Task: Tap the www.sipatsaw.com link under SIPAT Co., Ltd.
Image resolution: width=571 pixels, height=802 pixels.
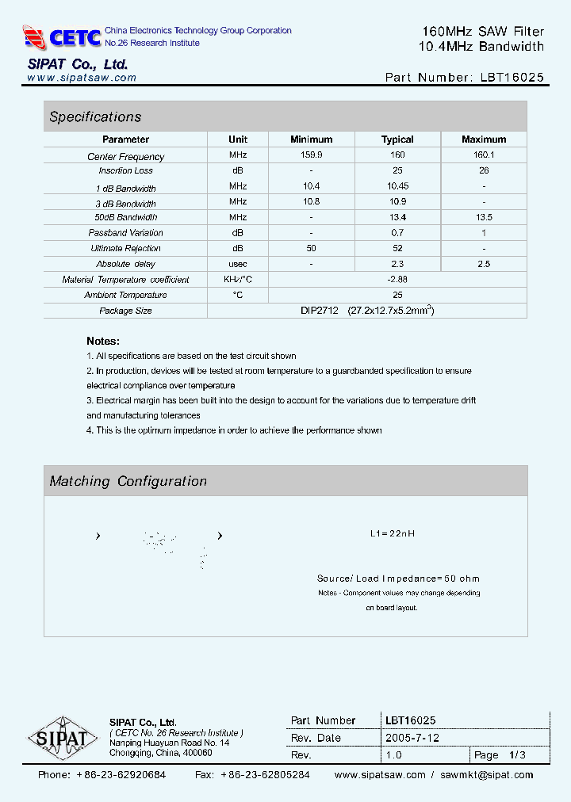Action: coord(82,78)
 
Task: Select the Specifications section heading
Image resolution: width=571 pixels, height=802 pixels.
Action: coord(95,117)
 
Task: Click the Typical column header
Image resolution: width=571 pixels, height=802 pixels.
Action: coord(397,139)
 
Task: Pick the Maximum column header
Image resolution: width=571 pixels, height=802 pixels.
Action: coord(484,139)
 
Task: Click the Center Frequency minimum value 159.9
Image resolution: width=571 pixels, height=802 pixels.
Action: coord(311,156)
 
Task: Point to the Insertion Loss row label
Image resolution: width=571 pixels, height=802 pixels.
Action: coord(125,170)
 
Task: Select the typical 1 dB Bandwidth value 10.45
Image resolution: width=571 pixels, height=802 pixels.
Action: coord(397,186)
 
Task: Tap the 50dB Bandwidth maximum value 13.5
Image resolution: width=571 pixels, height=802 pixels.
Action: coord(484,217)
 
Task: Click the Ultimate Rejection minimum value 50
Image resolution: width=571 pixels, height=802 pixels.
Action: coord(311,248)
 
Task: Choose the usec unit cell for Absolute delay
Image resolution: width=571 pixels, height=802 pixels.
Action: coord(238,264)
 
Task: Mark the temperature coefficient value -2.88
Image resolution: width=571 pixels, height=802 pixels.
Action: coord(397,279)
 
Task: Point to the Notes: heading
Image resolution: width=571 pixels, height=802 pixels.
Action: coord(103,342)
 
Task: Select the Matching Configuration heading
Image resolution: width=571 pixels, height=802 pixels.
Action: coord(128,481)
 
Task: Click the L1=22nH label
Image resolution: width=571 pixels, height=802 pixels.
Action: coord(393,533)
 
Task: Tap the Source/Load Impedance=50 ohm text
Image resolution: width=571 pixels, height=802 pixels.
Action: coord(398,579)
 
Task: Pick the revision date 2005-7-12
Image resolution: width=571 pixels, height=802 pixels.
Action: coord(412,737)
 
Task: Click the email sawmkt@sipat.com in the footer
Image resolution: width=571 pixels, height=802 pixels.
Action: coord(487,775)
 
